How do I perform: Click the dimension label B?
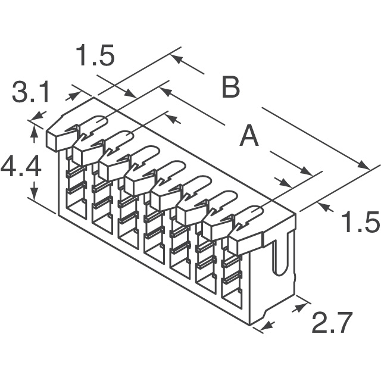click(x=230, y=88)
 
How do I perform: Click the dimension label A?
click(x=249, y=138)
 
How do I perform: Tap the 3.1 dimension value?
click(x=31, y=94)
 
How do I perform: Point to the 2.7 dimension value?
click(x=332, y=324)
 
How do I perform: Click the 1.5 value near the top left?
click(x=95, y=57)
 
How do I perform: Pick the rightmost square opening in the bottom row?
click(x=231, y=292)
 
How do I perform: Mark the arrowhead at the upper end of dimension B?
click(x=176, y=59)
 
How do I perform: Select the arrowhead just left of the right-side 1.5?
click(x=325, y=207)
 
